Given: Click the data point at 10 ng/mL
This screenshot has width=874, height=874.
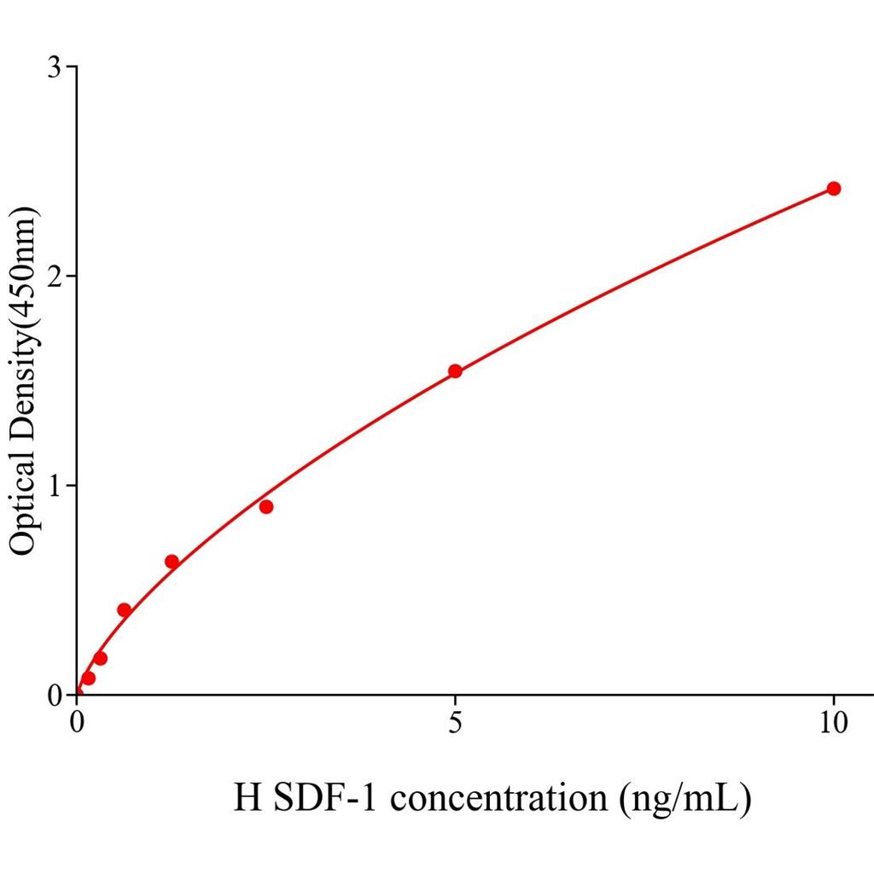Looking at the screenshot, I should tap(833, 189).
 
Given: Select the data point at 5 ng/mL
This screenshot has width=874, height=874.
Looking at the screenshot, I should tap(455, 370).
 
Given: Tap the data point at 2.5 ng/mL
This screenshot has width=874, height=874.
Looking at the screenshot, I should tap(266, 506).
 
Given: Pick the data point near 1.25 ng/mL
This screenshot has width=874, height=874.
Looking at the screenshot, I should tap(172, 562).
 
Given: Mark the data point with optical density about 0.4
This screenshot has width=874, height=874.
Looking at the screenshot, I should tap(124, 609).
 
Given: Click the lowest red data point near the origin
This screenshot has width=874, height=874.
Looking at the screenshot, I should tap(88, 678).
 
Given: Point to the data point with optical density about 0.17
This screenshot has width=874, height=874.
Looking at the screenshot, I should tap(100, 658).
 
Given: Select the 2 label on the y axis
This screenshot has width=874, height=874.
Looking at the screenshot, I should tap(57, 276).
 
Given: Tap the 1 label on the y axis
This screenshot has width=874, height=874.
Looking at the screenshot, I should tap(57, 485).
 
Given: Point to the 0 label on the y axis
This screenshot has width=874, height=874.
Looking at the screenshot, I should tap(57, 695).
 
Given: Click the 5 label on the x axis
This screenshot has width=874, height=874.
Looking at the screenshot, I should tap(455, 723).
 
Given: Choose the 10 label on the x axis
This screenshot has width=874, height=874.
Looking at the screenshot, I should tap(833, 723).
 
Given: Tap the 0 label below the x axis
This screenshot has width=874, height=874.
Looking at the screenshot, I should tap(78, 723).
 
